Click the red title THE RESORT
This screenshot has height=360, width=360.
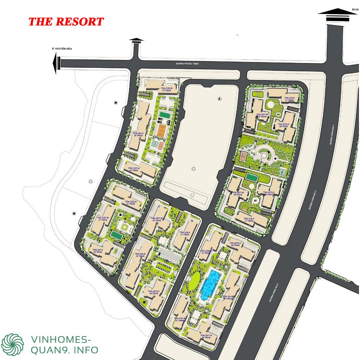click(66, 22)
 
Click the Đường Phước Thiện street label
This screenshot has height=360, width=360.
click(188, 64)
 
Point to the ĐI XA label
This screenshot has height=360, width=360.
click(354, 9)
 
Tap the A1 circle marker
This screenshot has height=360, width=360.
click(278, 115)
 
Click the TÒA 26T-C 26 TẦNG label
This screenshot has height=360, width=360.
click(97, 251)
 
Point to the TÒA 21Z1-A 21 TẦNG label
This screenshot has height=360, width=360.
click(134, 169)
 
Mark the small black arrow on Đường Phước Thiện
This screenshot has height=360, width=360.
click(137, 41)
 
